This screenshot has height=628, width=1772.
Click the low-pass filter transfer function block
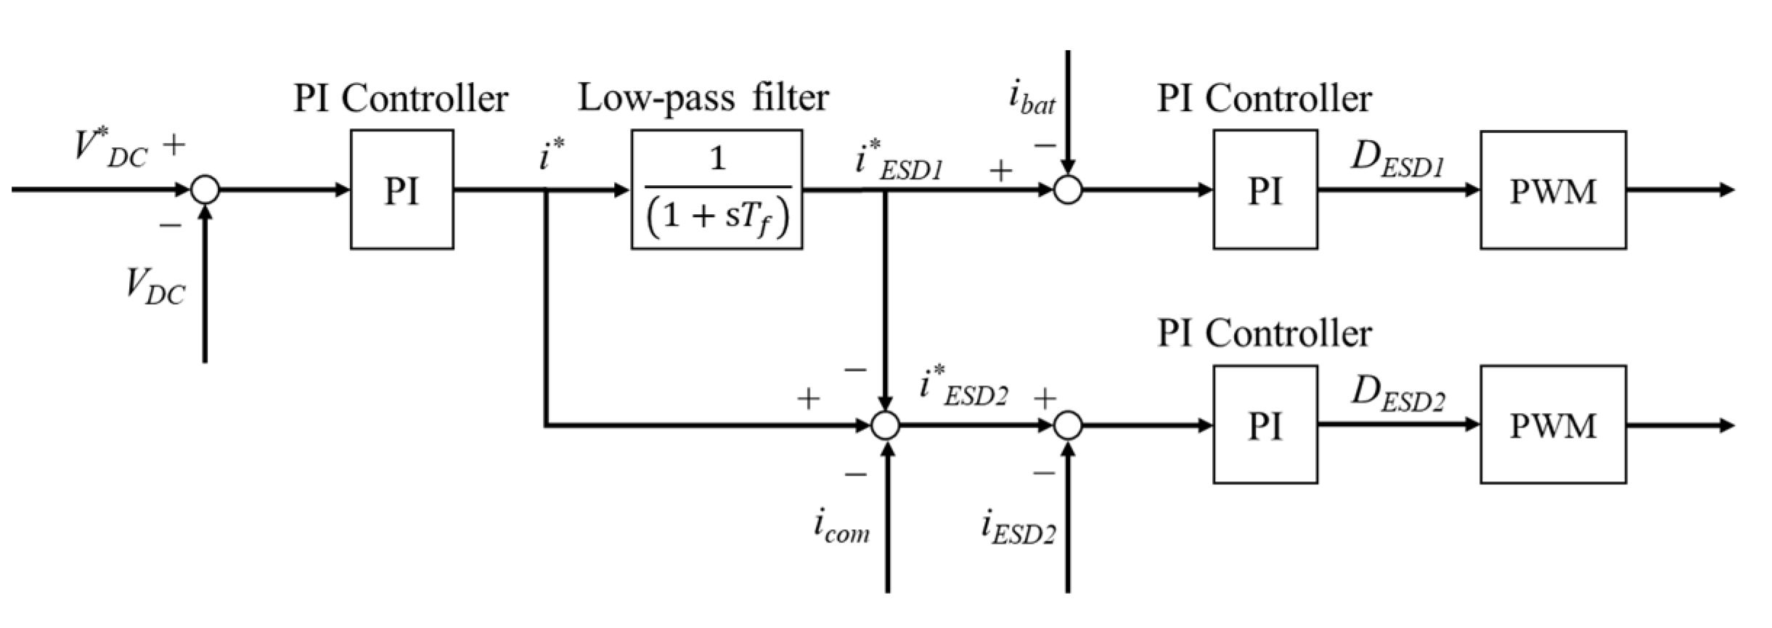pos(716,189)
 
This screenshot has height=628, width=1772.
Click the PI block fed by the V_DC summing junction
pos(401,189)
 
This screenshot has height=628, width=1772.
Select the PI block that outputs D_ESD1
pos(1265,189)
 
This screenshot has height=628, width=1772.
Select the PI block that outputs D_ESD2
pos(1265,425)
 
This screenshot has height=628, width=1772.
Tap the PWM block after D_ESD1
pos(1553,190)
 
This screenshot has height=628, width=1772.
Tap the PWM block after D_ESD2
pos(1553,425)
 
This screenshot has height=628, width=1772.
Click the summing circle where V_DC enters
pos(205,190)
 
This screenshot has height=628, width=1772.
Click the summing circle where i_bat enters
pos(1067,190)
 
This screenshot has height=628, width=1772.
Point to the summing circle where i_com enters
pos(885,425)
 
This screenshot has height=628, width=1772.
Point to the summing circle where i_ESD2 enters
pos(1067,425)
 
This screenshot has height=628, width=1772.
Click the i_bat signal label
pos(1032,99)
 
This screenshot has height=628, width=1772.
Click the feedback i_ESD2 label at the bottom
pos(1018,528)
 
